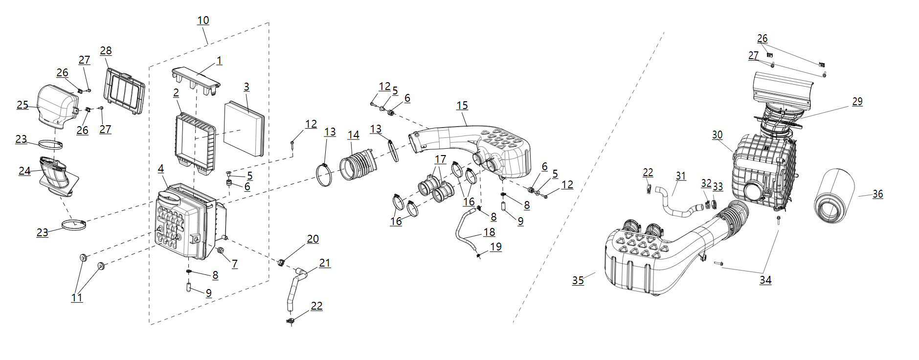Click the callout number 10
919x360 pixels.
[203, 21]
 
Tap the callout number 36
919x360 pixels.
[877, 194]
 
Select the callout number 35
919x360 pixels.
[578, 280]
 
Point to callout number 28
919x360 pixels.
[106, 51]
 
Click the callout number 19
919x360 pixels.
[495, 247]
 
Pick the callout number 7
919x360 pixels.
[235, 264]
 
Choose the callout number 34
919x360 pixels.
[765, 280]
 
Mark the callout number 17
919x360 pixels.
[440, 159]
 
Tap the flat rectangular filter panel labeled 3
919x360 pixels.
[244, 129]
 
